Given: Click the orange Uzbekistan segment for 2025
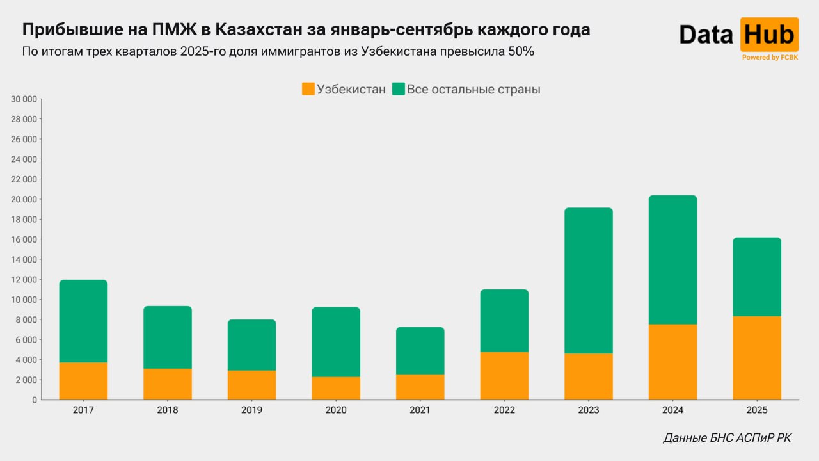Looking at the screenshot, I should click(757, 358).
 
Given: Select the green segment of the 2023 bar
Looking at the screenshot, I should click(589, 280).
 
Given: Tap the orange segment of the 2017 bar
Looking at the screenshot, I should click(83, 381).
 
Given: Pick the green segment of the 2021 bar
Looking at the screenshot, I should click(420, 351).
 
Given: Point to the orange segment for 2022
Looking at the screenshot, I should click(504, 376).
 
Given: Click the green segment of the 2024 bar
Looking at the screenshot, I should click(672, 260).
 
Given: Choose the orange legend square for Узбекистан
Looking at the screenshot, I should click(308, 89).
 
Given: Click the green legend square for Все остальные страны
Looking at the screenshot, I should click(399, 89).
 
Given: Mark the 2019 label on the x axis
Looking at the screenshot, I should click(251, 410).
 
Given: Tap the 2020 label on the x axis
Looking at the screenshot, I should click(336, 410).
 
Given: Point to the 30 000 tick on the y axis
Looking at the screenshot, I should click(24, 99).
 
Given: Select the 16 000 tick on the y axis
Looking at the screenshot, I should click(24, 239).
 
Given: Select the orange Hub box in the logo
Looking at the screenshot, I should click(770, 34).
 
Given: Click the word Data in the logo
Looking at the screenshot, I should click(706, 35).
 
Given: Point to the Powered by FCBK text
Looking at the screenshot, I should click(770, 58).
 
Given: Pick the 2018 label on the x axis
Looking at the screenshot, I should click(168, 410).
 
